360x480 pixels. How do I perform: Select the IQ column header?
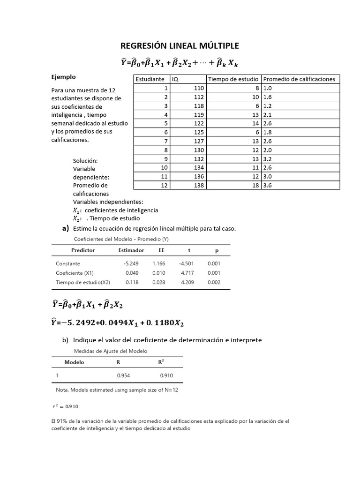(x=175, y=79)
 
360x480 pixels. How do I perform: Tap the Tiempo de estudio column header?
(x=233, y=79)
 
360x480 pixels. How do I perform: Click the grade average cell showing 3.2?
(x=269, y=159)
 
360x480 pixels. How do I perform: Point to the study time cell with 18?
(x=255, y=185)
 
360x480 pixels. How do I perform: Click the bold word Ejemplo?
(x=63, y=77)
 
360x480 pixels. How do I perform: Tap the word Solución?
(x=85, y=161)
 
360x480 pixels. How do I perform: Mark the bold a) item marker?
(x=65, y=228)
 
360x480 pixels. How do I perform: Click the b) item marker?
(x=65, y=339)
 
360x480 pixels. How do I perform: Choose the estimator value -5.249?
(x=130, y=263)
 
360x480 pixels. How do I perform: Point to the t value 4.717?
(x=188, y=273)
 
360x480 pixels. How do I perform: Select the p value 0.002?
(x=214, y=282)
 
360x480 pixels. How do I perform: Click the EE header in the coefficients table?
(x=162, y=250)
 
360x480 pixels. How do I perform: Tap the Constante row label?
(x=68, y=263)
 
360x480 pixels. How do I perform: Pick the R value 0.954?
(x=123, y=375)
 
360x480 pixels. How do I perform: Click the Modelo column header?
(x=74, y=362)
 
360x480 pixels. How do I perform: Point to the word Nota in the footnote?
(x=61, y=390)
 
